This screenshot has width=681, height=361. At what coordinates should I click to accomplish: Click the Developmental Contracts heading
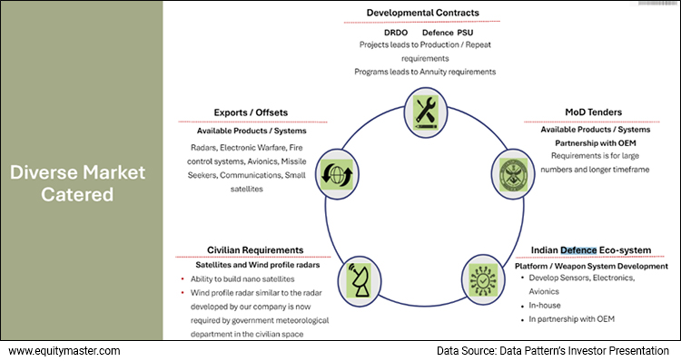coord(422,13)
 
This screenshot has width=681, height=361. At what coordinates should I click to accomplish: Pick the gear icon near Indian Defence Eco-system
coord(480,276)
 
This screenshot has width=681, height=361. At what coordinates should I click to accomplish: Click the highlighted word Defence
coord(579,249)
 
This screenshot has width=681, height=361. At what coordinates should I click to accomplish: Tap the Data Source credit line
coord(553,350)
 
